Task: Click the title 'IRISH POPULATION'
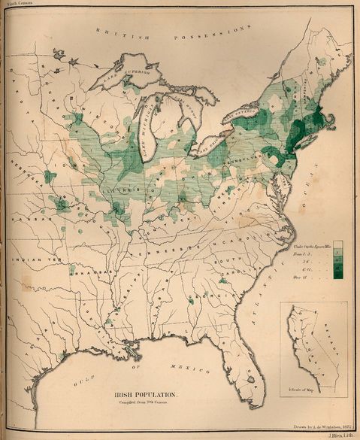(x=145, y=393)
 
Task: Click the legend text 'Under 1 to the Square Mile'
(x=309, y=246)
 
